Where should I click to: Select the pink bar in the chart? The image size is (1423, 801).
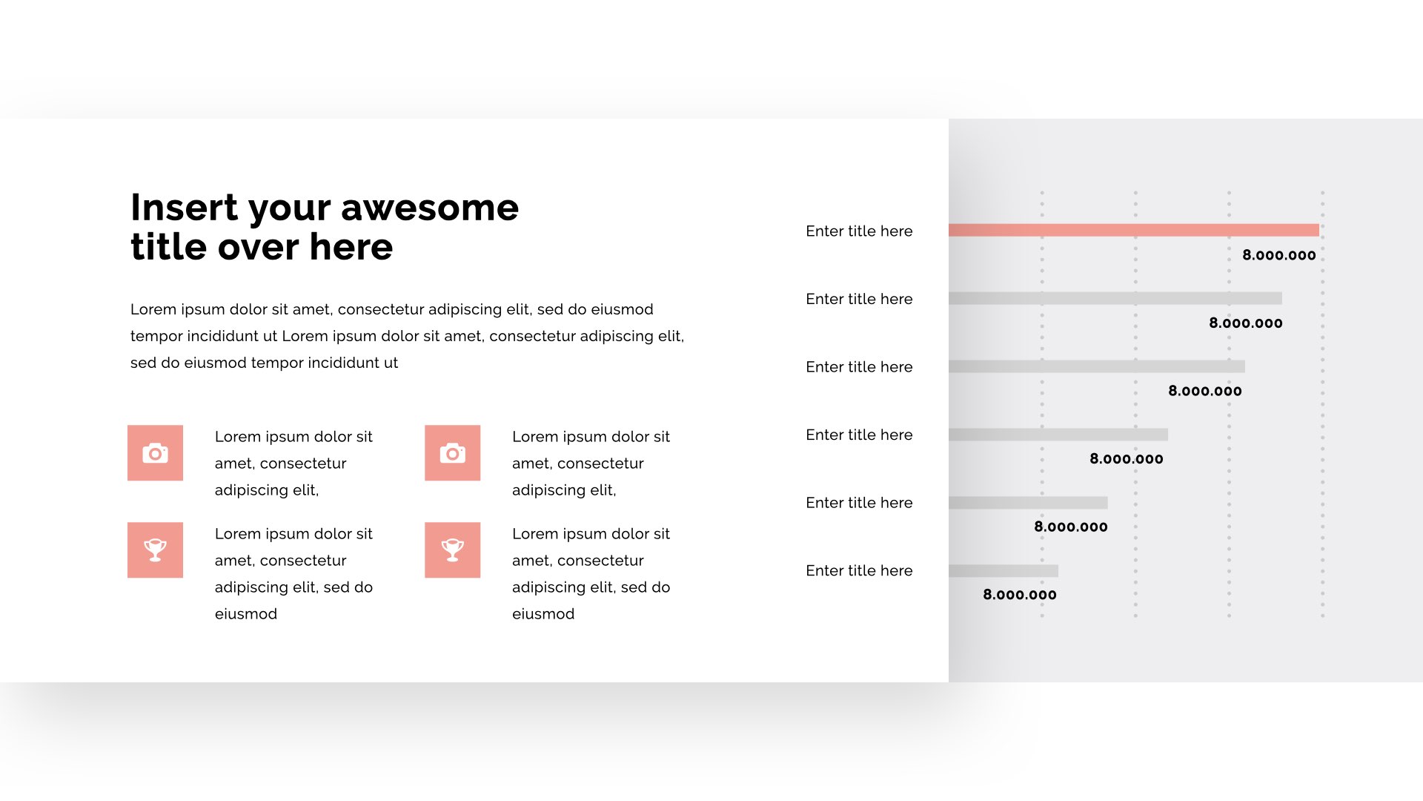[1134, 230]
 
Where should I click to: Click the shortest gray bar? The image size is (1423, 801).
[1004, 570]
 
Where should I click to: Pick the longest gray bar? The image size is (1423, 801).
[1115, 298]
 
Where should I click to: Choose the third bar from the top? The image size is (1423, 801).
[1097, 366]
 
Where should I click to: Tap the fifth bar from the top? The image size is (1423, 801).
[1028, 503]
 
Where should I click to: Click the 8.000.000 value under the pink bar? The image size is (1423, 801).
[1279, 255]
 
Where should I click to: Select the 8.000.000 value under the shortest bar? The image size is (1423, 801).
[1020, 595]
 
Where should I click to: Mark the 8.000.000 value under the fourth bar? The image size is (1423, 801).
[1127, 459]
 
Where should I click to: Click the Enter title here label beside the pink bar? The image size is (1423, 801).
[859, 231]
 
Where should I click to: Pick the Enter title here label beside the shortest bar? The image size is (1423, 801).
[859, 571]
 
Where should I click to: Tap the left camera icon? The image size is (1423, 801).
[155, 453]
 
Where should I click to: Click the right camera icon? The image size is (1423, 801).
[452, 453]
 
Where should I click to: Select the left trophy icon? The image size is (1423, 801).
[155, 550]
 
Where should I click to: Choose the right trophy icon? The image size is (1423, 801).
[452, 550]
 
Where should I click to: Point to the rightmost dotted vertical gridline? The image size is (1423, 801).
[1322, 404]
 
